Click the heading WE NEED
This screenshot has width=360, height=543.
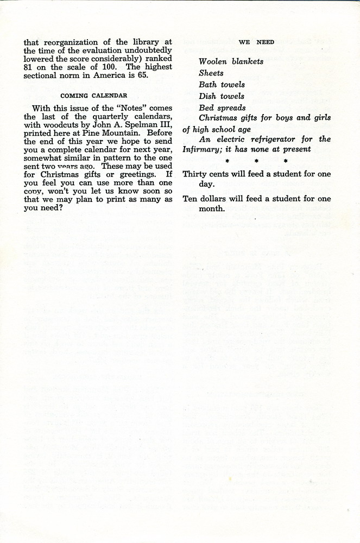pos(256,42)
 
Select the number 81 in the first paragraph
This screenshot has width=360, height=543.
pos(30,67)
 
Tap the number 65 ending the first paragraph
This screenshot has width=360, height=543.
pos(143,75)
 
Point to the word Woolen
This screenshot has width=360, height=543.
pos(213,61)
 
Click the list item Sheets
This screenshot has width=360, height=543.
pos(211,73)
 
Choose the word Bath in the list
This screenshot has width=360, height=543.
pos(207,85)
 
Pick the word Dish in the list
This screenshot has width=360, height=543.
pos(207,96)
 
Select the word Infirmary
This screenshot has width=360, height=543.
pos(204,149)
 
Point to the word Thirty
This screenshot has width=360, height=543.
pos(195,174)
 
